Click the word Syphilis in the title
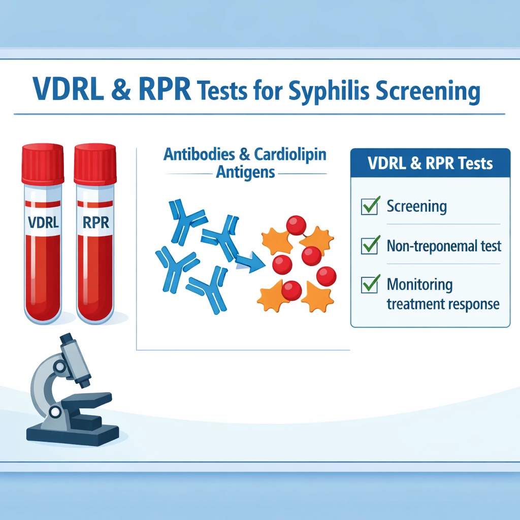[x=329, y=90]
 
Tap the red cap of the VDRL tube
[x=43, y=164]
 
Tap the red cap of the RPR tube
[x=95, y=164]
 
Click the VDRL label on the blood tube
[x=43, y=222]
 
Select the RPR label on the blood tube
[x=95, y=222]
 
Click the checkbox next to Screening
[x=370, y=206]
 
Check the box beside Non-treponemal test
[x=370, y=245]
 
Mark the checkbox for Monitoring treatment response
[x=370, y=284]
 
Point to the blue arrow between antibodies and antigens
[x=251, y=263]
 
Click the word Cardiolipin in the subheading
[x=290, y=154]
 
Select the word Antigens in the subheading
[x=245, y=172]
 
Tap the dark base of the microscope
[x=72, y=435]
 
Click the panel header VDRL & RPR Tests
[x=430, y=163]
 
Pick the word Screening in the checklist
[x=416, y=206]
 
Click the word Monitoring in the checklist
[x=419, y=285]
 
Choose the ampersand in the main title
[x=121, y=89]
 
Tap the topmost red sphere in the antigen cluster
[x=296, y=225]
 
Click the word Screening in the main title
[x=428, y=91]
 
